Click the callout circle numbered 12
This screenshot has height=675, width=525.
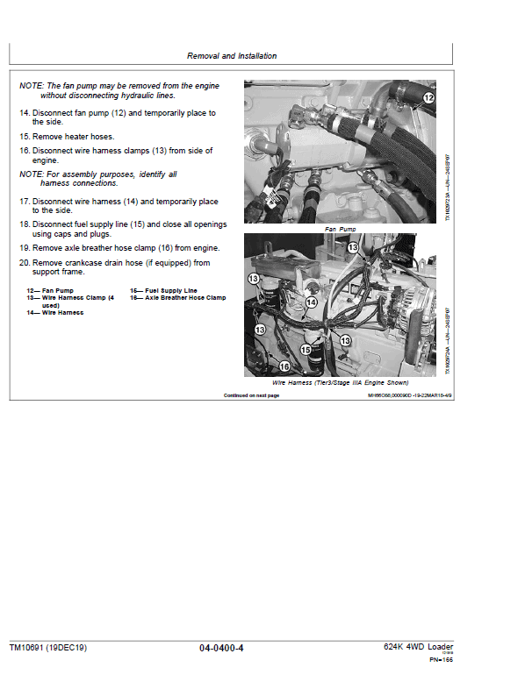(428, 98)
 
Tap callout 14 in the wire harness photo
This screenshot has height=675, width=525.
(311, 302)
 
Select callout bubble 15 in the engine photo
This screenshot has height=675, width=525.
(306, 349)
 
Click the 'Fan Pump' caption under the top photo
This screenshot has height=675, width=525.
(342, 229)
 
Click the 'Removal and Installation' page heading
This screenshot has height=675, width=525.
(232, 56)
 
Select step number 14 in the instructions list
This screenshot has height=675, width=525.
(25, 113)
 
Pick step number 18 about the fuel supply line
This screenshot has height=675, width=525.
(25, 224)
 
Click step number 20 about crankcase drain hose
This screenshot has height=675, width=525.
(25, 262)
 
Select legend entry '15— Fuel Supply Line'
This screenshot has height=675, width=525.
(164, 290)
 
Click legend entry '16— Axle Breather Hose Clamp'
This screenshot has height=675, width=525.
(178, 298)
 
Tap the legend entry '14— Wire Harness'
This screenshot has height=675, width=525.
(55, 313)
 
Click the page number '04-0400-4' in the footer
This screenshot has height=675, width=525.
(221, 648)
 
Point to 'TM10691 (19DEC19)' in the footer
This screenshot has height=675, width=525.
(48, 648)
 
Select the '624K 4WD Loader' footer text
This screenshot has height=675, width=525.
(418, 647)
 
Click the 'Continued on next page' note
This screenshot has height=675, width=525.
(251, 395)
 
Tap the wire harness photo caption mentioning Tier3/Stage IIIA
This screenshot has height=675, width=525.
(341, 383)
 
